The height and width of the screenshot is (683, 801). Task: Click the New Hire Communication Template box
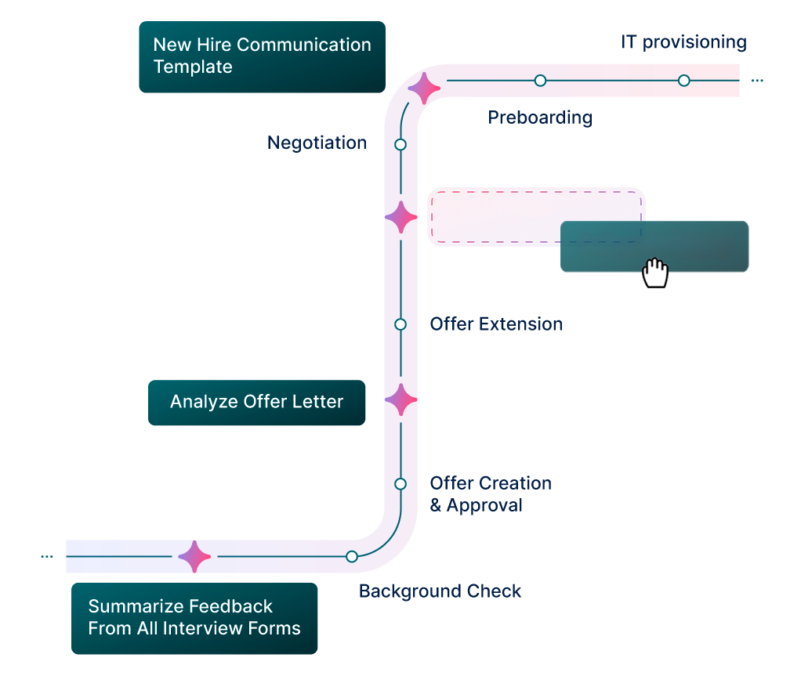click(262, 56)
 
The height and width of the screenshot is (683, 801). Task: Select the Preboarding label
click(540, 118)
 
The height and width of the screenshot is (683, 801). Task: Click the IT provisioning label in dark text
click(683, 42)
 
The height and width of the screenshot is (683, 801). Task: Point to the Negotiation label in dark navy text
click(317, 143)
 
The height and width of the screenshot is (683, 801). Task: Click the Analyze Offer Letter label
click(256, 402)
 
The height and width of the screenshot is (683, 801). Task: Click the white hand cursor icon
click(654, 274)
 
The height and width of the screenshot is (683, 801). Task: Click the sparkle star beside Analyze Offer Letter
click(400, 400)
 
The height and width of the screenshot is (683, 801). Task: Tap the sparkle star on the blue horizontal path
click(194, 557)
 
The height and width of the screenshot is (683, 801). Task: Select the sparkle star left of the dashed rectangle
click(400, 217)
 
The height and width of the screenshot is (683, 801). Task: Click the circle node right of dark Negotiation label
click(400, 145)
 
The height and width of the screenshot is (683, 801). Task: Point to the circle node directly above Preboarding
click(540, 81)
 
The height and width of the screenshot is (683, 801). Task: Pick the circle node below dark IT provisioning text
click(683, 81)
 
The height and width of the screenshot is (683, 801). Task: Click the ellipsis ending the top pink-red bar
click(756, 81)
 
